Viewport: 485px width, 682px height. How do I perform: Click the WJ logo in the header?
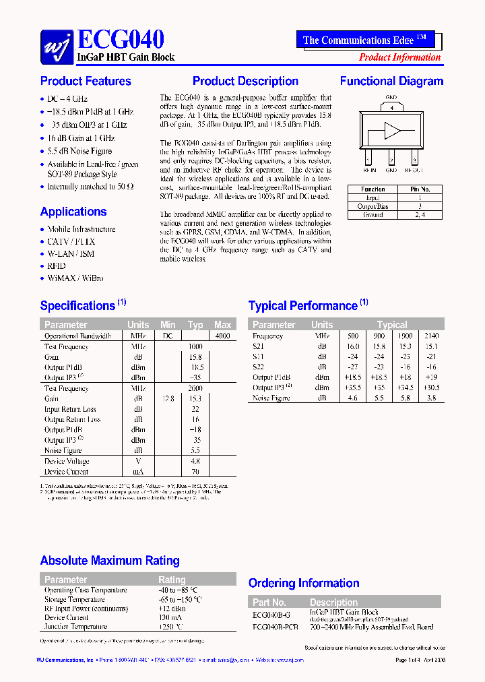tap(57, 46)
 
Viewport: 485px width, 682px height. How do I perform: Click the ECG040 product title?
tap(121, 40)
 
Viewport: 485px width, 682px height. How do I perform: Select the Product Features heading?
tap(86, 82)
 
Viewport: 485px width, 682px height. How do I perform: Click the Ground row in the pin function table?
tap(373, 215)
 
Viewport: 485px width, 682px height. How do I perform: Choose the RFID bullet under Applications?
tap(57, 266)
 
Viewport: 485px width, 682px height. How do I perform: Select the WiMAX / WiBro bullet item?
tap(75, 278)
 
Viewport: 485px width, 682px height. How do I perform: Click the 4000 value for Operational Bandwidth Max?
tap(222, 336)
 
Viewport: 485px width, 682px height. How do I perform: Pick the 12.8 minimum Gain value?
tap(168, 399)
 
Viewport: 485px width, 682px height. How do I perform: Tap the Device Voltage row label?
tap(67, 462)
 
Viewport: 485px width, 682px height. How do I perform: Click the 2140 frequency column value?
tap(430, 336)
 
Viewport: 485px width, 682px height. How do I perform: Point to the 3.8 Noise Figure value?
tap(430, 398)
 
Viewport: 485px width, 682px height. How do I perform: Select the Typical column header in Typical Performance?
tap(392, 325)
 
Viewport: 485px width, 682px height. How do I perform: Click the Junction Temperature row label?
tap(75, 627)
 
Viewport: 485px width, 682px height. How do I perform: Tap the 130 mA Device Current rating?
tap(169, 617)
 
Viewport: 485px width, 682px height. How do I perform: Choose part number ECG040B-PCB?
tap(275, 627)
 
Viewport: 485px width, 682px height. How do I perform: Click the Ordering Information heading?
tap(304, 584)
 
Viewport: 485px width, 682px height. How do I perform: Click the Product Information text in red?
tap(399, 57)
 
